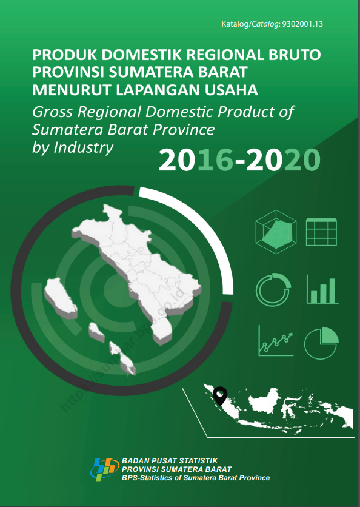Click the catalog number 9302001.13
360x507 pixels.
point(302,24)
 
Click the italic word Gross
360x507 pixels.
point(52,112)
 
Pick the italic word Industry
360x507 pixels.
point(83,148)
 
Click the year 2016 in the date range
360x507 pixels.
point(196,160)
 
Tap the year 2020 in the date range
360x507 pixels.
point(283,160)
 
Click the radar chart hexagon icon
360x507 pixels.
point(276,232)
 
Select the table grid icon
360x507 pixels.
point(322,232)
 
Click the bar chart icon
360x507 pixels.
point(322,289)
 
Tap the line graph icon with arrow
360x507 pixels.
point(276,340)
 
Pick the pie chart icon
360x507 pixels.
point(321,343)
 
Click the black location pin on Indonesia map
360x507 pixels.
point(220,396)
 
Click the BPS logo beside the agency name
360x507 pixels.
point(103,469)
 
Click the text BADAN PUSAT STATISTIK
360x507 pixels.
point(170,461)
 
